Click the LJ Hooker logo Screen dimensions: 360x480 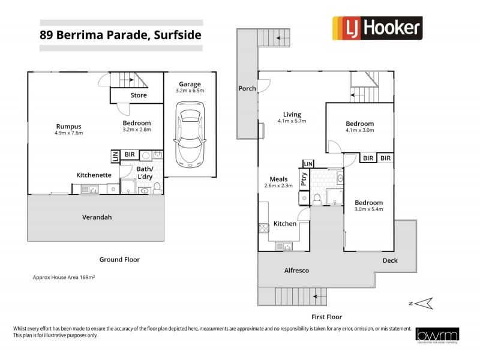pos(377,28)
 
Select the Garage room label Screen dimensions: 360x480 pos(190,84)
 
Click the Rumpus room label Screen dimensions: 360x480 pos(68,126)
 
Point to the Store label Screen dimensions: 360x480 pos(139,95)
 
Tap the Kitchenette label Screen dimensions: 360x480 pos(93,175)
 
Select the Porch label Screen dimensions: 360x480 pos(247,89)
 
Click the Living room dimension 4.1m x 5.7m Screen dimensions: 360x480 pos(293,121)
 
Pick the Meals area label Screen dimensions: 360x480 pos(278,179)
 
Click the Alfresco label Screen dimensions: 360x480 pos(296,271)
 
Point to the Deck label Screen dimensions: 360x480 pos(390,260)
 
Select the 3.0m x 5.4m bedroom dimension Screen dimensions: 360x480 pos(368,210)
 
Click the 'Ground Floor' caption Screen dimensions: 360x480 pos(119,260)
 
